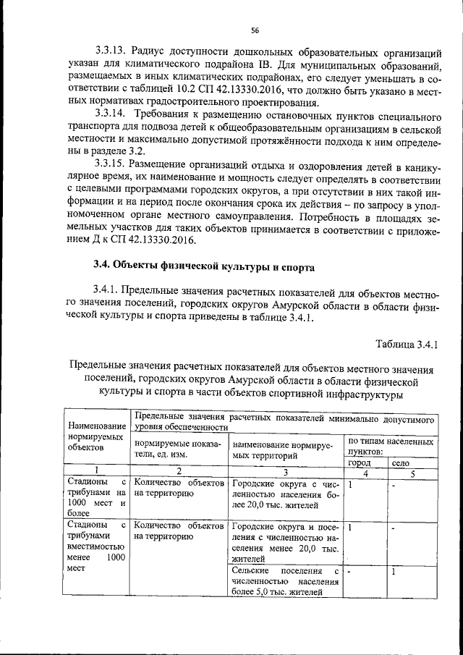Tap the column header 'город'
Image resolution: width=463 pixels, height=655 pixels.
coord(359,462)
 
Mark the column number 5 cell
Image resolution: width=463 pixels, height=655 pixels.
coord(412,473)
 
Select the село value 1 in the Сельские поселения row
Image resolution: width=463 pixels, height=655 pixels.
coord(394,572)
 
